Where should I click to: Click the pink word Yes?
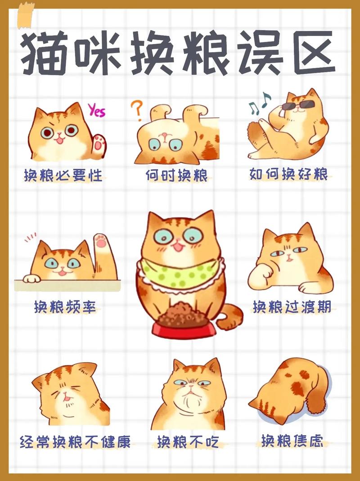pyautogui.click(x=96, y=109)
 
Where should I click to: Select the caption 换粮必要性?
pyautogui.click(x=63, y=175)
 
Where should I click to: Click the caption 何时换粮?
pyautogui.click(x=177, y=175)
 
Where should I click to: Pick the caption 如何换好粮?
pyautogui.click(x=289, y=174)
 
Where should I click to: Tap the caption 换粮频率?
pyautogui.click(x=65, y=307)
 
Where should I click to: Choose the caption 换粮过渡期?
pyautogui.click(x=292, y=307)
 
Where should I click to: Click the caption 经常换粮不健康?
pyautogui.click(x=75, y=441)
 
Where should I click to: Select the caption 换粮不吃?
pyautogui.click(x=188, y=442)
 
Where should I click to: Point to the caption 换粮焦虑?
pyautogui.click(x=292, y=441)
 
